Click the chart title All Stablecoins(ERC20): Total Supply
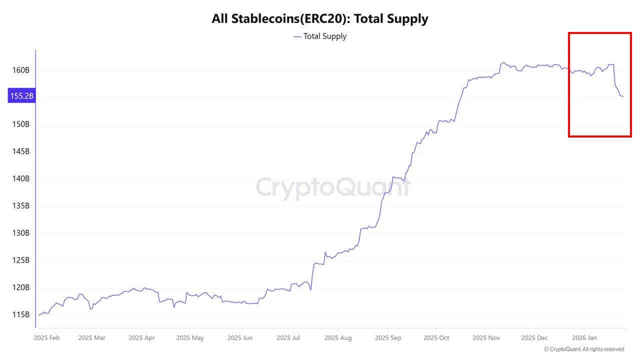320,19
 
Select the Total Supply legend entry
320,36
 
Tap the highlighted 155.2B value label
21,95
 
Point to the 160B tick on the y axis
20,70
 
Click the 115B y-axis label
20,314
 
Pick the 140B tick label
20,178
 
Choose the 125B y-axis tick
20,260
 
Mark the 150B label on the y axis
20,124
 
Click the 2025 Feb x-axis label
46,337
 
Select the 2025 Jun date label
240,337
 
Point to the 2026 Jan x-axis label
584,337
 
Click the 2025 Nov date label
486,337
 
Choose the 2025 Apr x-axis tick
142,337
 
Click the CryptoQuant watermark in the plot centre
333,187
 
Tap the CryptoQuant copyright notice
583,349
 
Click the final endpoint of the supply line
623,96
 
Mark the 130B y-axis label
20,233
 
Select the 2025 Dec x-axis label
534,337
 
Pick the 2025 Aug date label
338,337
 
